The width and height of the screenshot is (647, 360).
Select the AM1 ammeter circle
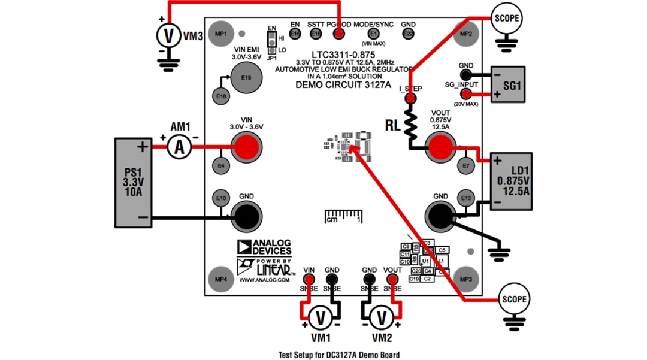(178, 147)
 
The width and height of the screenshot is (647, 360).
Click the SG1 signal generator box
(512, 85)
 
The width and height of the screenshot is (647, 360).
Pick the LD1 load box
(512, 181)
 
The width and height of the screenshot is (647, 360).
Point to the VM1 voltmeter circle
(320, 317)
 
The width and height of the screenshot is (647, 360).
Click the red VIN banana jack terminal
(246, 147)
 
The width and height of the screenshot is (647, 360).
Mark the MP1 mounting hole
(221, 34)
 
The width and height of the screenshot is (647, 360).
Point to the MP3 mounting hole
(466, 279)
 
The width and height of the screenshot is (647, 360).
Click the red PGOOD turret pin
(339, 34)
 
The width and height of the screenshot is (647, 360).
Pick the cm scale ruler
(343, 216)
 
